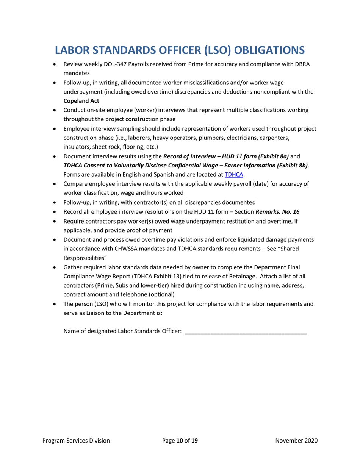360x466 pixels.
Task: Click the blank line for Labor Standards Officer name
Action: pos(245,331)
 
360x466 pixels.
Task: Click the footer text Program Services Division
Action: pos(76,440)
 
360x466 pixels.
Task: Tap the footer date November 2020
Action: pos(296,440)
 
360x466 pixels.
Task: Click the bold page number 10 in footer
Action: pos(180,440)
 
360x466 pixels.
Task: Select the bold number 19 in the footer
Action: pos(194,440)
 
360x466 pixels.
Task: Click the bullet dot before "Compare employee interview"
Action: pos(56,184)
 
